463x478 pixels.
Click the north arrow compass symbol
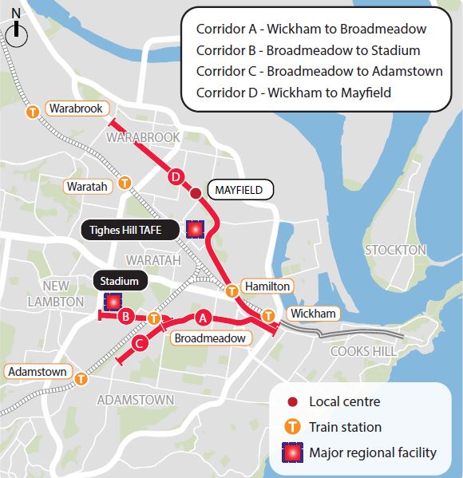(17, 31)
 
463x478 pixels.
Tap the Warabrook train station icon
(34, 112)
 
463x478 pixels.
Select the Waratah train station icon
(125, 182)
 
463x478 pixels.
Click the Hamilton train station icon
(231, 290)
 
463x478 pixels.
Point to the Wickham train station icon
(269, 316)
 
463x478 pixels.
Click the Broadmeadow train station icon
(153, 318)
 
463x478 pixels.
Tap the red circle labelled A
(203, 318)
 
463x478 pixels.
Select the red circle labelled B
(125, 318)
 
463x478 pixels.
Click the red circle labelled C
(138, 344)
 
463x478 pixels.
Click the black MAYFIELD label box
(239, 191)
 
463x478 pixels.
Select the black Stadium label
(119, 281)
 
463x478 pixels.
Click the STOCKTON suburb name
(395, 250)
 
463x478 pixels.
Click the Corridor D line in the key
(294, 93)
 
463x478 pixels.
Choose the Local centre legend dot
(294, 402)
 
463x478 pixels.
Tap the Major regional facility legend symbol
(294, 452)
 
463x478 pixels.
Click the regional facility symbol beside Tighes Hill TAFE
(195, 230)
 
